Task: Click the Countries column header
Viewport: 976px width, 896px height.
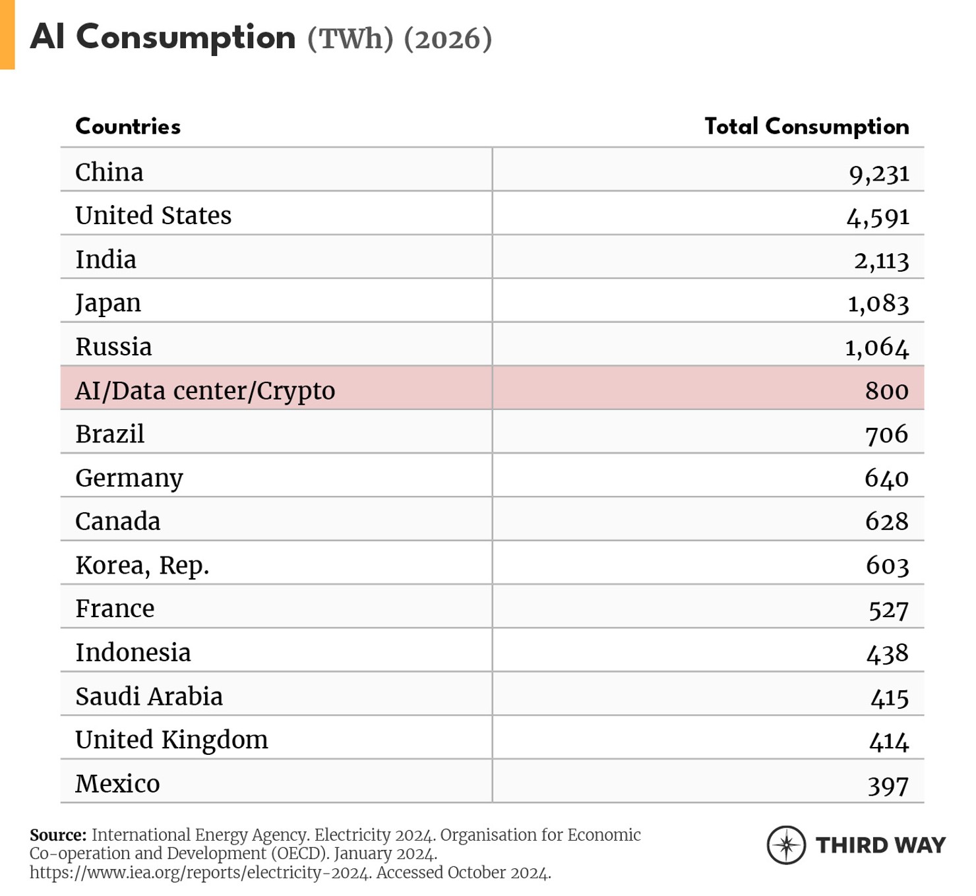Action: coord(128,127)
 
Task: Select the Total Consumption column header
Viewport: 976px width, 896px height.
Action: coord(807,127)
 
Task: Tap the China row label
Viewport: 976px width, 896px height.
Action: coord(109,172)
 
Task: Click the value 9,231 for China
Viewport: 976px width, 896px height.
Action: coord(879,173)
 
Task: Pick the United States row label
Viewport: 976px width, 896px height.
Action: coord(154,216)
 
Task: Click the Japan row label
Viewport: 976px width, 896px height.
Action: coord(108,303)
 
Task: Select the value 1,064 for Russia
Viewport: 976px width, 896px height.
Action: coord(877,347)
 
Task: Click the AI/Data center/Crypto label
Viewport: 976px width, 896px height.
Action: coord(205,391)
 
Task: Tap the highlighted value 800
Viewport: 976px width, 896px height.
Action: coord(887,391)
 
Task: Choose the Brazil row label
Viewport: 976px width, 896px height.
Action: coord(110,434)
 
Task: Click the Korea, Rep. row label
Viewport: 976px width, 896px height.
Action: coord(142,566)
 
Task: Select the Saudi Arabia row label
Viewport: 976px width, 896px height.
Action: coord(149,697)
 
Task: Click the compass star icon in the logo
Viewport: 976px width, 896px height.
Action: coord(786,845)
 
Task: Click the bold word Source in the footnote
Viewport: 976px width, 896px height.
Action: coord(58,835)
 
